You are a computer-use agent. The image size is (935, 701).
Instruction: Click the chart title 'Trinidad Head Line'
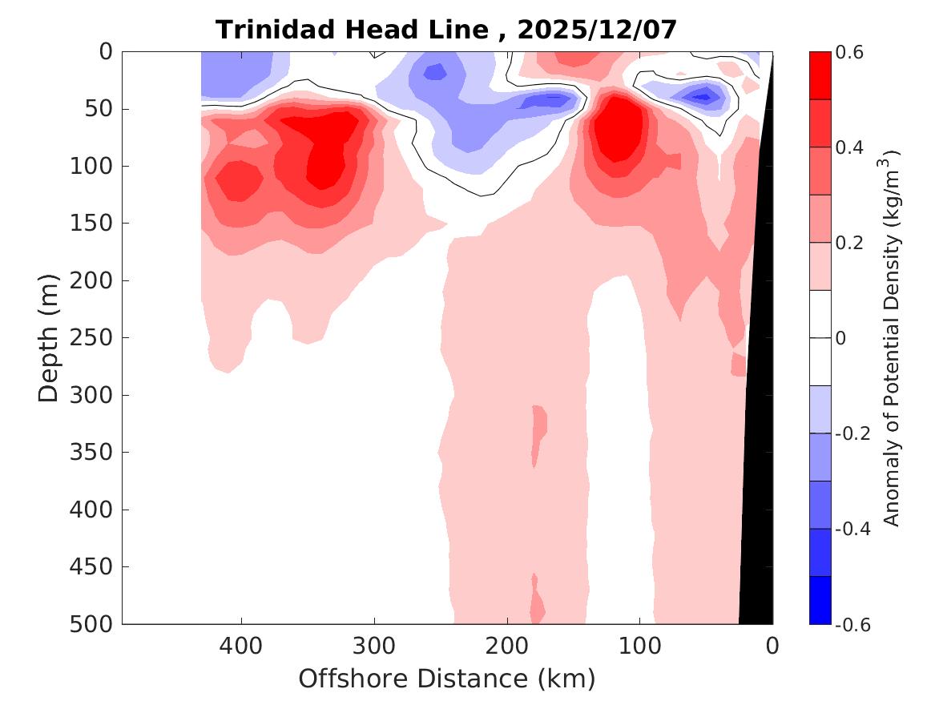pyautogui.click(x=353, y=30)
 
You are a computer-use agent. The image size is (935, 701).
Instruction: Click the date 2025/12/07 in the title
pyautogui.click(x=597, y=30)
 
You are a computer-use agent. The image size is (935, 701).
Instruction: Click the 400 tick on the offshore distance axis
pyautogui.click(x=241, y=646)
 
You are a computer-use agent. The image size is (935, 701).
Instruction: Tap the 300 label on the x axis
pyautogui.click(x=374, y=646)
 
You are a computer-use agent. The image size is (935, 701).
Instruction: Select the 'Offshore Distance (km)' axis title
pyautogui.click(x=447, y=679)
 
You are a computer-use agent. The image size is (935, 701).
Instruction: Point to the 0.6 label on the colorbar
pyautogui.click(x=851, y=52)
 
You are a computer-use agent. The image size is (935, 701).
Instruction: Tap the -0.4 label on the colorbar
pyautogui.click(x=851, y=530)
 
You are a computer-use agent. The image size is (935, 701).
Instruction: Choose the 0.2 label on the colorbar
pyautogui.click(x=851, y=243)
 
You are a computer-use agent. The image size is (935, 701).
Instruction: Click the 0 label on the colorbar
pyautogui.click(x=841, y=338)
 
